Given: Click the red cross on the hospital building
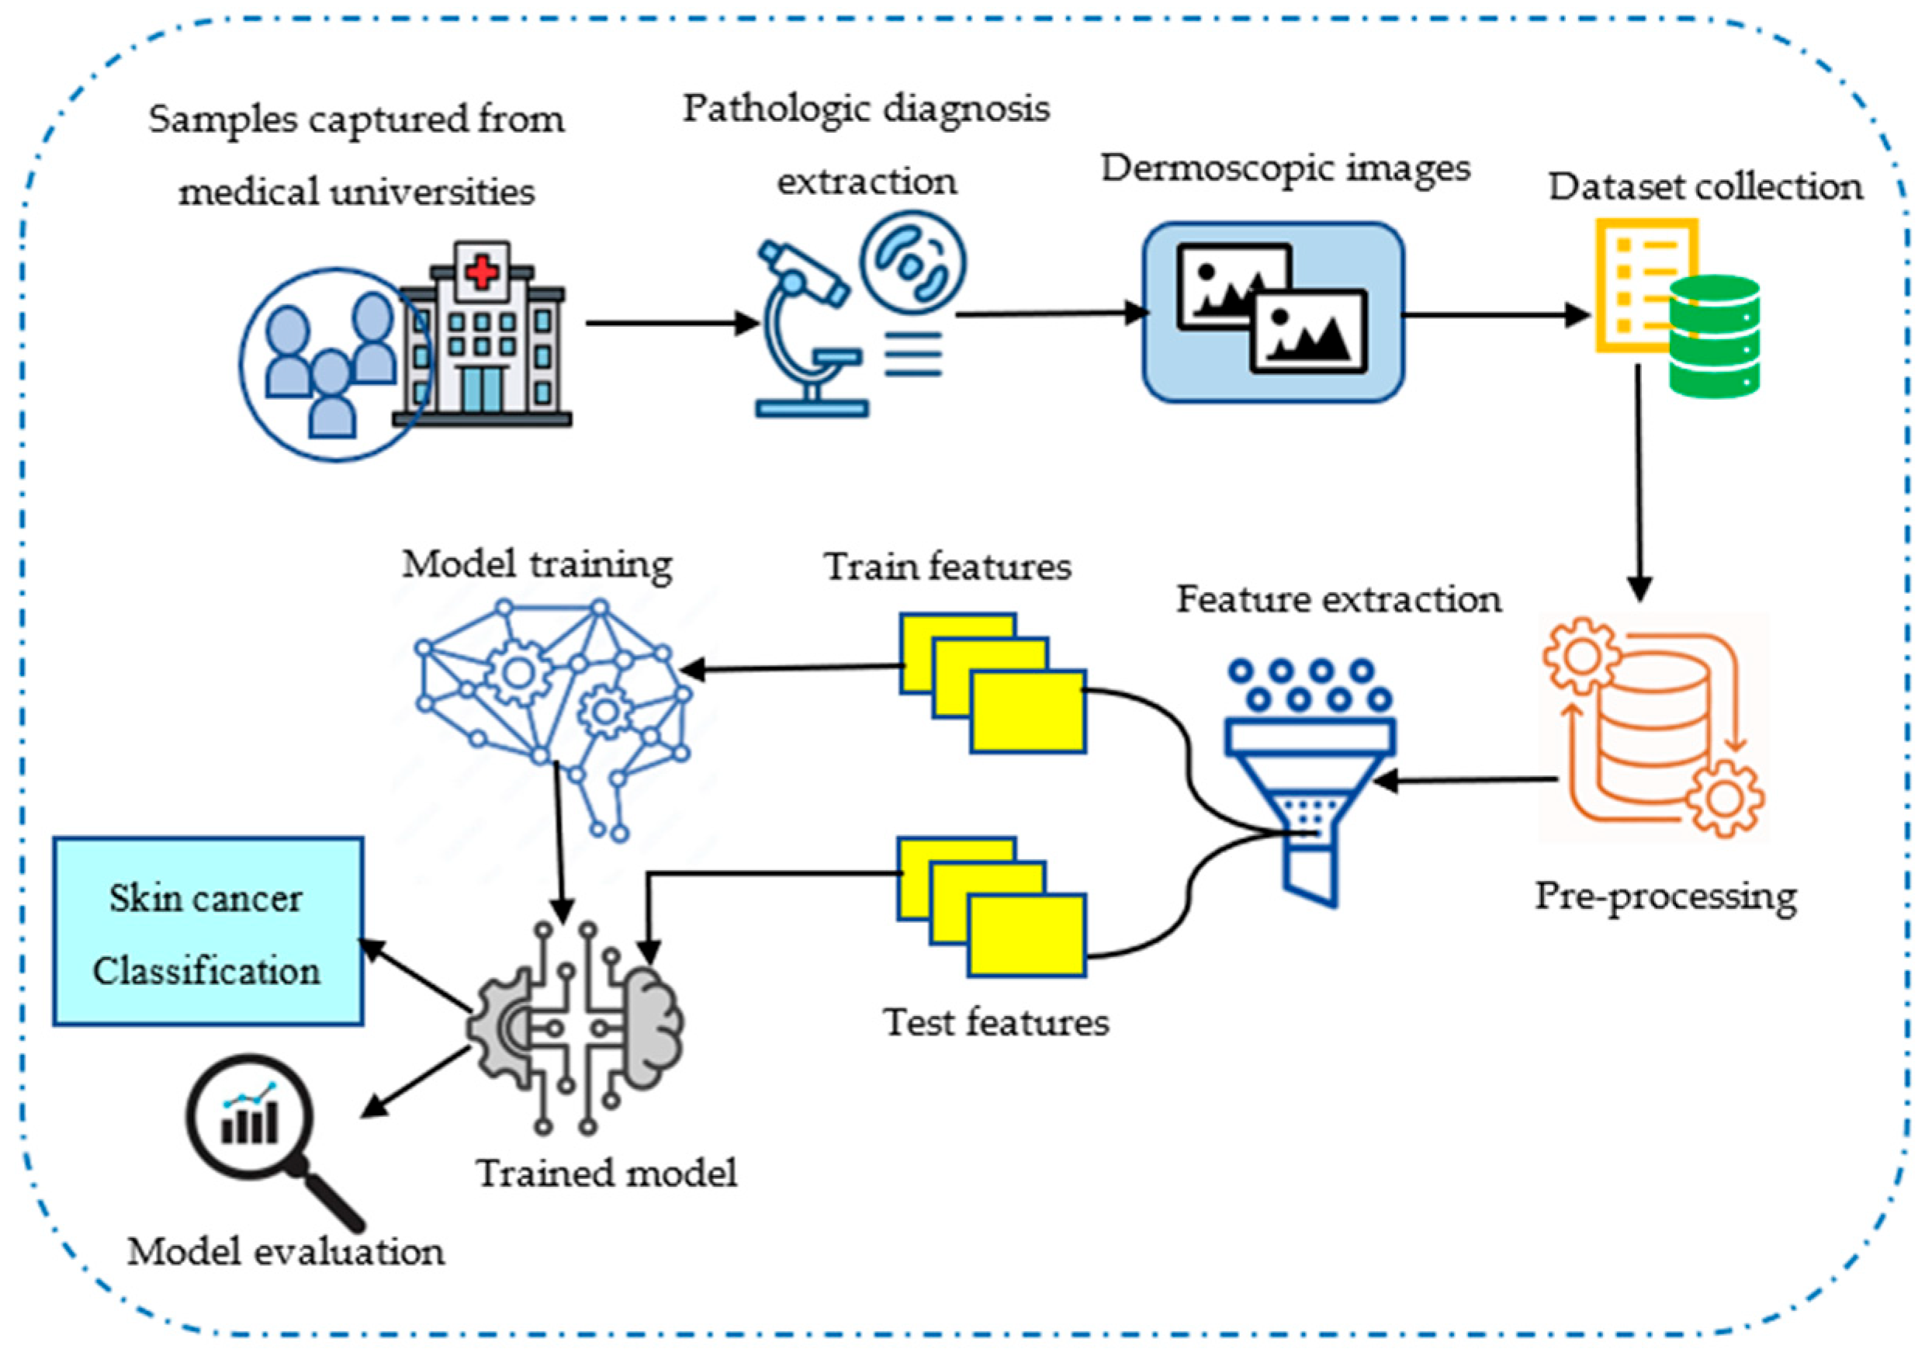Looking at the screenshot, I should (480, 272).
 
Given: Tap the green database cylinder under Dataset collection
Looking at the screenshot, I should (1714, 335).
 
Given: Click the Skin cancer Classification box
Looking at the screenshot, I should (208, 931).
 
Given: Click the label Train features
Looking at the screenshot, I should (947, 567).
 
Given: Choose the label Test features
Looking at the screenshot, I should (996, 1022).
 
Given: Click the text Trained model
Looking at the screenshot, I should (607, 1172).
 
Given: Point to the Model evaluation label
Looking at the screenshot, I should (286, 1252).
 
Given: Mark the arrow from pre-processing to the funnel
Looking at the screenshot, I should (1467, 781).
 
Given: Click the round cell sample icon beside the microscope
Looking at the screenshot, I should (912, 262).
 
